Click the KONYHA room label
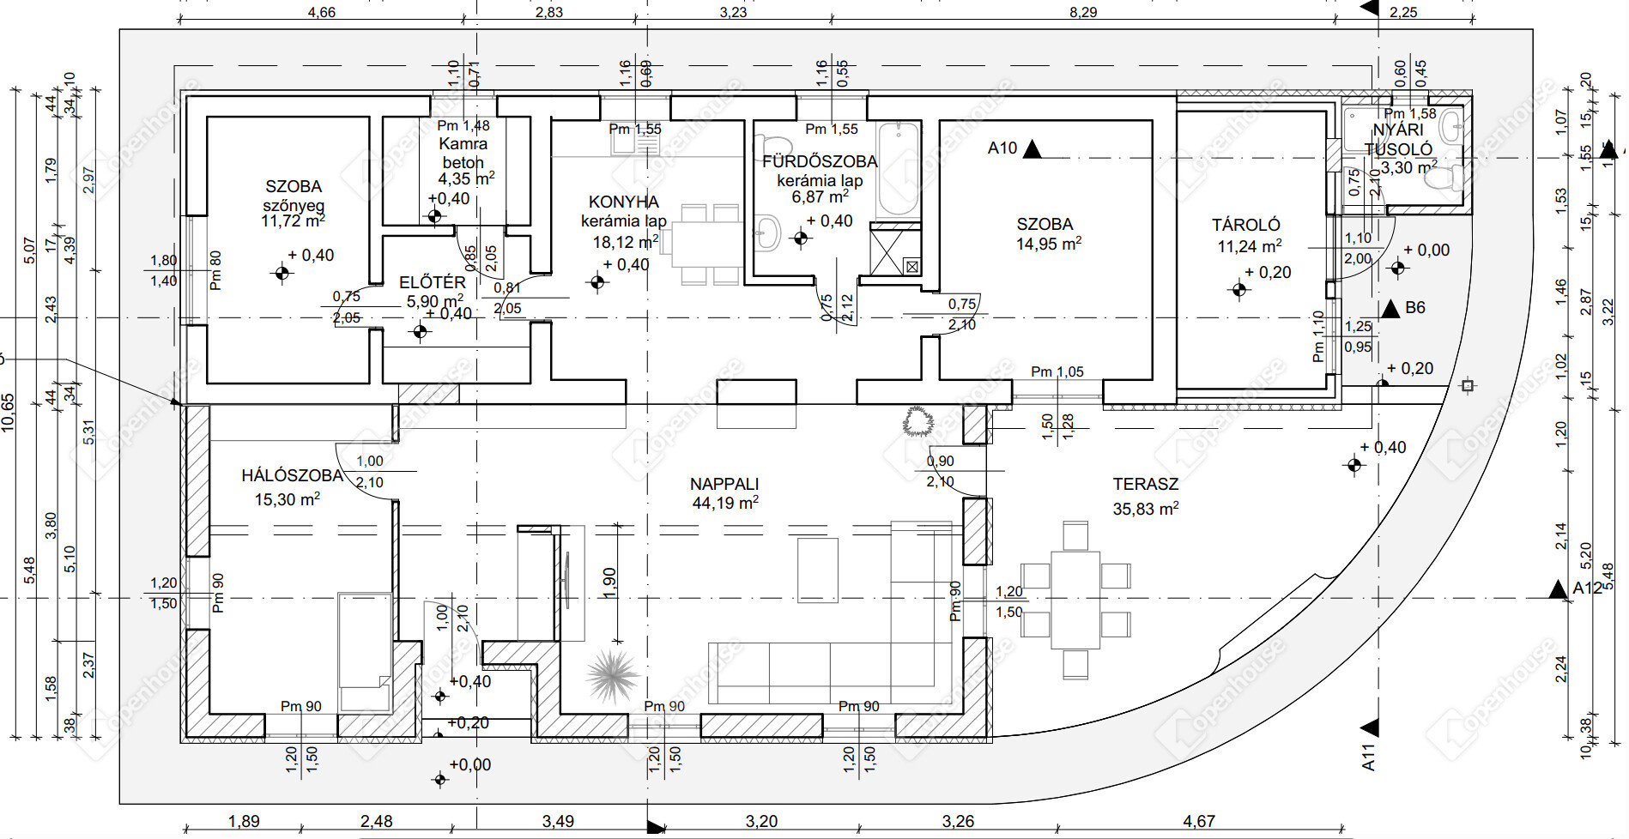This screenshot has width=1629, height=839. [624, 202]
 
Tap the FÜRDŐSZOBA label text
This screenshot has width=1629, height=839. [820, 161]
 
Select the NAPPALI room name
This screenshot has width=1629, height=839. [725, 484]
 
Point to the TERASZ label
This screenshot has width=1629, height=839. [1146, 484]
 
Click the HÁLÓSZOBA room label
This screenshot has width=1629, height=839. [292, 475]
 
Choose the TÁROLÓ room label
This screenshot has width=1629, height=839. [1246, 225]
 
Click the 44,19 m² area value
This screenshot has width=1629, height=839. [725, 503]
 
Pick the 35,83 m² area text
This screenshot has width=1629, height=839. [1146, 509]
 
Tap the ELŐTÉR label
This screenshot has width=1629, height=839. [433, 282]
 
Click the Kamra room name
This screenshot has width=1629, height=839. [463, 144]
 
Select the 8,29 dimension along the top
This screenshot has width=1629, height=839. [1083, 12]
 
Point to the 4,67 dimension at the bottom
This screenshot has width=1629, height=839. [1198, 821]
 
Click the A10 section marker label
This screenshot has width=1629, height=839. [1002, 148]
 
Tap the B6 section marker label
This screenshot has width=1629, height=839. [1415, 307]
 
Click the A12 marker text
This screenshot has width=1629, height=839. [1587, 589]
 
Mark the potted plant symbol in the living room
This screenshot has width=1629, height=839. [613, 674]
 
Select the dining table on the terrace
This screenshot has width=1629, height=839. [1075, 600]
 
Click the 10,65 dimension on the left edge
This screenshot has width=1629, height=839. [9, 412]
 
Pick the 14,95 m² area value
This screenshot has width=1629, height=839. [1048, 244]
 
